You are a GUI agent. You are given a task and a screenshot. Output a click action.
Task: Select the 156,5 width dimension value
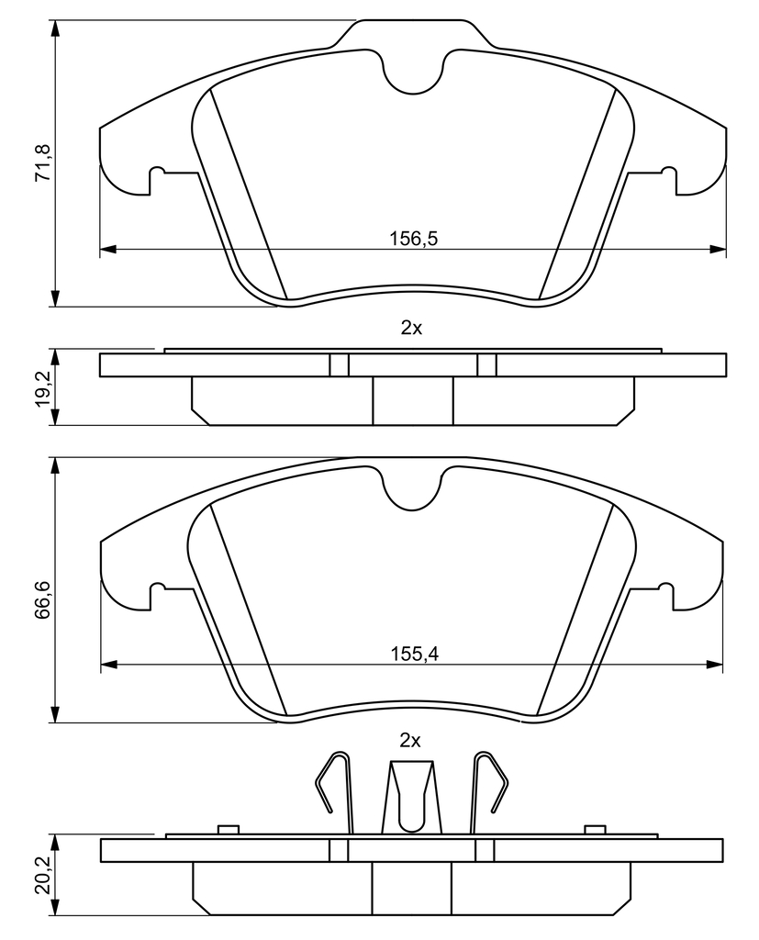tap(414, 239)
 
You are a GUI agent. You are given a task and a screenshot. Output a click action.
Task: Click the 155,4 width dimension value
tap(414, 654)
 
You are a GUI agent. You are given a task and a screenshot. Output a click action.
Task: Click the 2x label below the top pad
tap(411, 328)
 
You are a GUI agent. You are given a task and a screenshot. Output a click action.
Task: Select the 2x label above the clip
tap(410, 741)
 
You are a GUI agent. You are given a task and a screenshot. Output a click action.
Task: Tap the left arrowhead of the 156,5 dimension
tap(106, 249)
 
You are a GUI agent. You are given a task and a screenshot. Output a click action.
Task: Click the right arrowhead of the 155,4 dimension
tap(715, 664)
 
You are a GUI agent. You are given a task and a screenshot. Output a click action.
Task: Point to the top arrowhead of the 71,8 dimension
tap(55, 28)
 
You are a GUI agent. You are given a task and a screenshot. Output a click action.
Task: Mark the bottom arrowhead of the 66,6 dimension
tap(55, 714)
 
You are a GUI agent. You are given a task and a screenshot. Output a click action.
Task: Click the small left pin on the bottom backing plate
tap(229, 829)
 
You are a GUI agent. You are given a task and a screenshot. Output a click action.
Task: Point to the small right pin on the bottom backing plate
tap(595, 829)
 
